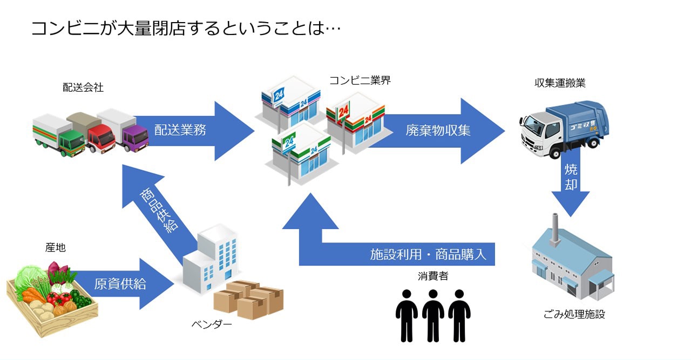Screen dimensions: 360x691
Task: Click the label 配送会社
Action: click(x=83, y=87)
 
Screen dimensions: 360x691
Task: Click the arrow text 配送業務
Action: click(x=180, y=130)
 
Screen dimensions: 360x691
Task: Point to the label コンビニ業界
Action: click(x=360, y=80)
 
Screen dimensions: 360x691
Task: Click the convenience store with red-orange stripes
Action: click(x=354, y=120)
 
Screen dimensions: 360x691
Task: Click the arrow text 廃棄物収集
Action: click(x=438, y=130)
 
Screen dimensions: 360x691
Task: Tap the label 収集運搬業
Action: click(x=560, y=83)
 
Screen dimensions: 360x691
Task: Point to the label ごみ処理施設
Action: click(x=574, y=314)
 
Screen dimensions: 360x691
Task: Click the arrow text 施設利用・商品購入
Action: click(x=428, y=254)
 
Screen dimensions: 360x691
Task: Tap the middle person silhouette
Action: click(x=432, y=316)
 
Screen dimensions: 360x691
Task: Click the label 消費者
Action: click(x=432, y=276)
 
